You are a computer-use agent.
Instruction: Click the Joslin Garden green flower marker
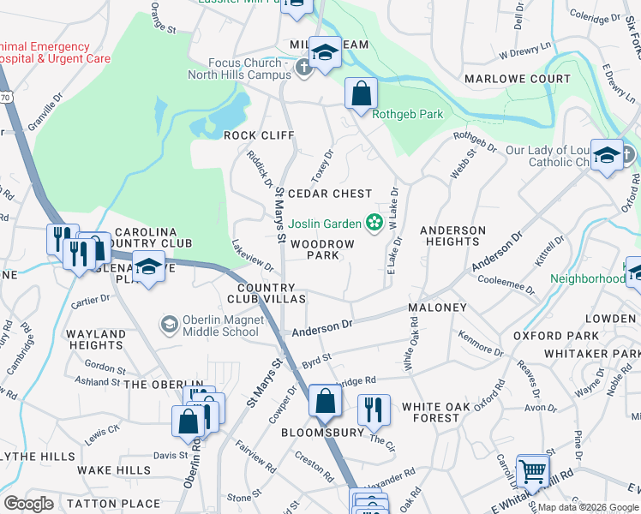coord(374,224)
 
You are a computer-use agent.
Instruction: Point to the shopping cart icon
coord(533,470)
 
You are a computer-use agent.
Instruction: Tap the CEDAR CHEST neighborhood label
coord(330,194)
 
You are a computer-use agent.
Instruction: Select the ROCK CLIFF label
coord(259,135)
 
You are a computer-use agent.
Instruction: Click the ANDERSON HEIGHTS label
coord(452,236)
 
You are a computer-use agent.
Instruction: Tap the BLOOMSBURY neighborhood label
coord(323,433)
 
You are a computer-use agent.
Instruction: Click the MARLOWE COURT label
coord(517,79)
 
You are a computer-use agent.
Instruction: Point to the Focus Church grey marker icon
coord(302,69)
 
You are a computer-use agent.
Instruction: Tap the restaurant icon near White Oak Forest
coord(373,410)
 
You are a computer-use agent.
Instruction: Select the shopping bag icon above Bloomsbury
coord(326,400)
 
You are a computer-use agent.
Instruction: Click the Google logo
coord(28,503)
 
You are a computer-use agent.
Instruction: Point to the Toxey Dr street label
coord(322,165)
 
